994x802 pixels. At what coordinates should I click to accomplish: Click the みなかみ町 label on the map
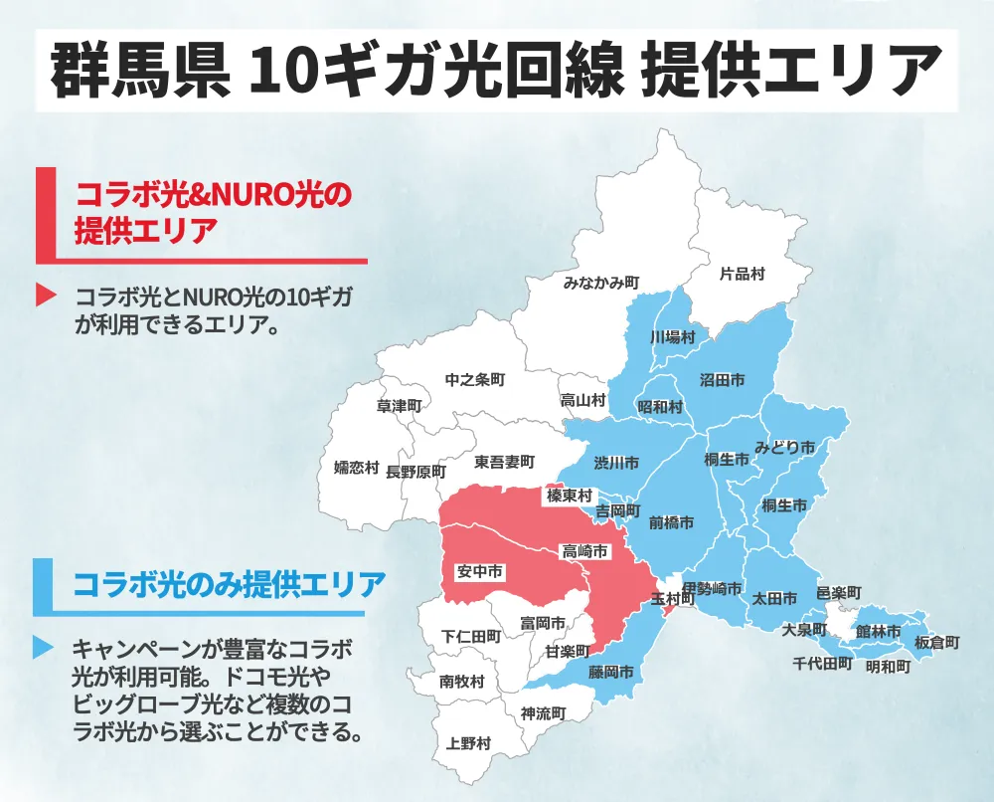(x=600, y=283)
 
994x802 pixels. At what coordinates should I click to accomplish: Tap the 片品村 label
(x=742, y=273)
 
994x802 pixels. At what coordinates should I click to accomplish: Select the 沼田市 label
(x=723, y=379)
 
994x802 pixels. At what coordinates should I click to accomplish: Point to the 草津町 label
(x=400, y=406)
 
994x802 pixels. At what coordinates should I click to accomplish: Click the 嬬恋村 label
(x=356, y=468)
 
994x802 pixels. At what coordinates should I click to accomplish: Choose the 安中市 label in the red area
(x=478, y=572)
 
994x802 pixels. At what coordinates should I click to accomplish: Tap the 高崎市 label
(x=585, y=551)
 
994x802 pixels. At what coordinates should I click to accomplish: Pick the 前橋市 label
(x=671, y=521)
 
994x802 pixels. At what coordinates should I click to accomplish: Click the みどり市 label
(x=784, y=447)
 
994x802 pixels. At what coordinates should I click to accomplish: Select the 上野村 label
(x=468, y=743)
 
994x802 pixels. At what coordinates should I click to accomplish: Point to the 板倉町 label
(x=937, y=643)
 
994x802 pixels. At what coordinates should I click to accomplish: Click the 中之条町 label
(x=475, y=380)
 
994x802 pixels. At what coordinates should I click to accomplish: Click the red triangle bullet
(x=44, y=296)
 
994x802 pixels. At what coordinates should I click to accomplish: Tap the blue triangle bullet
(x=43, y=648)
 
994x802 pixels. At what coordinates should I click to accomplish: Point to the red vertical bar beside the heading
(x=43, y=215)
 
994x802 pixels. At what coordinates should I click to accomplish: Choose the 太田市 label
(x=774, y=599)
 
